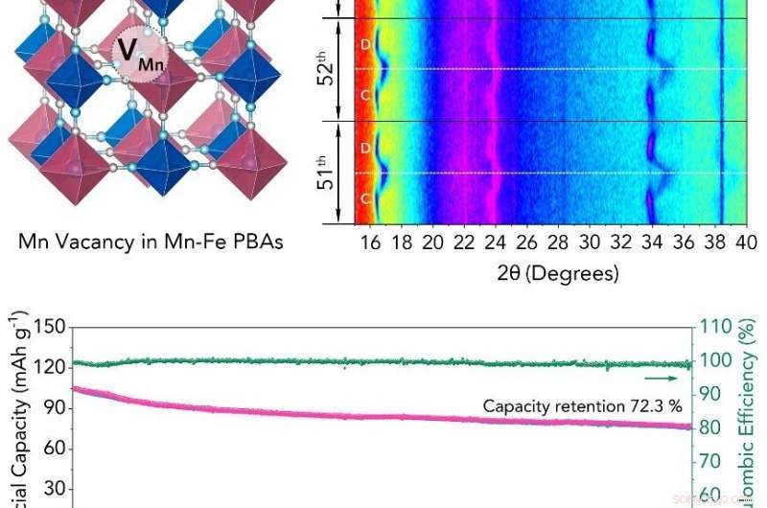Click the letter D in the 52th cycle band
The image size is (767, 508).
click(x=366, y=44)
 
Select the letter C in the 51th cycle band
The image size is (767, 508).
click(x=366, y=198)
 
